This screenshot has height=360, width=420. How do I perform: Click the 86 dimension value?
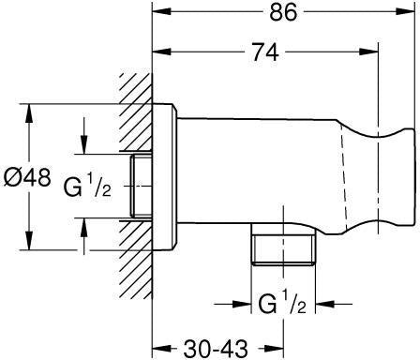(x=283, y=12)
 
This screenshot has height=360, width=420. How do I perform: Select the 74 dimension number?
(x=265, y=52)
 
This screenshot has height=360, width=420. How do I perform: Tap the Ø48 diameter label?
(x=27, y=178)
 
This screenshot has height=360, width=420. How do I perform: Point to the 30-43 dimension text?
(x=216, y=349)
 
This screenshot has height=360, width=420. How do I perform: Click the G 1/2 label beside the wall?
(x=87, y=186)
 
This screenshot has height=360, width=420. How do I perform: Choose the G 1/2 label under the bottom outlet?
(x=282, y=302)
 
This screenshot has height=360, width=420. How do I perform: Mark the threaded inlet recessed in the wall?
(x=142, y=186)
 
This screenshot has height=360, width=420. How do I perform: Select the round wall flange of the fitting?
(x=164, y=176)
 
